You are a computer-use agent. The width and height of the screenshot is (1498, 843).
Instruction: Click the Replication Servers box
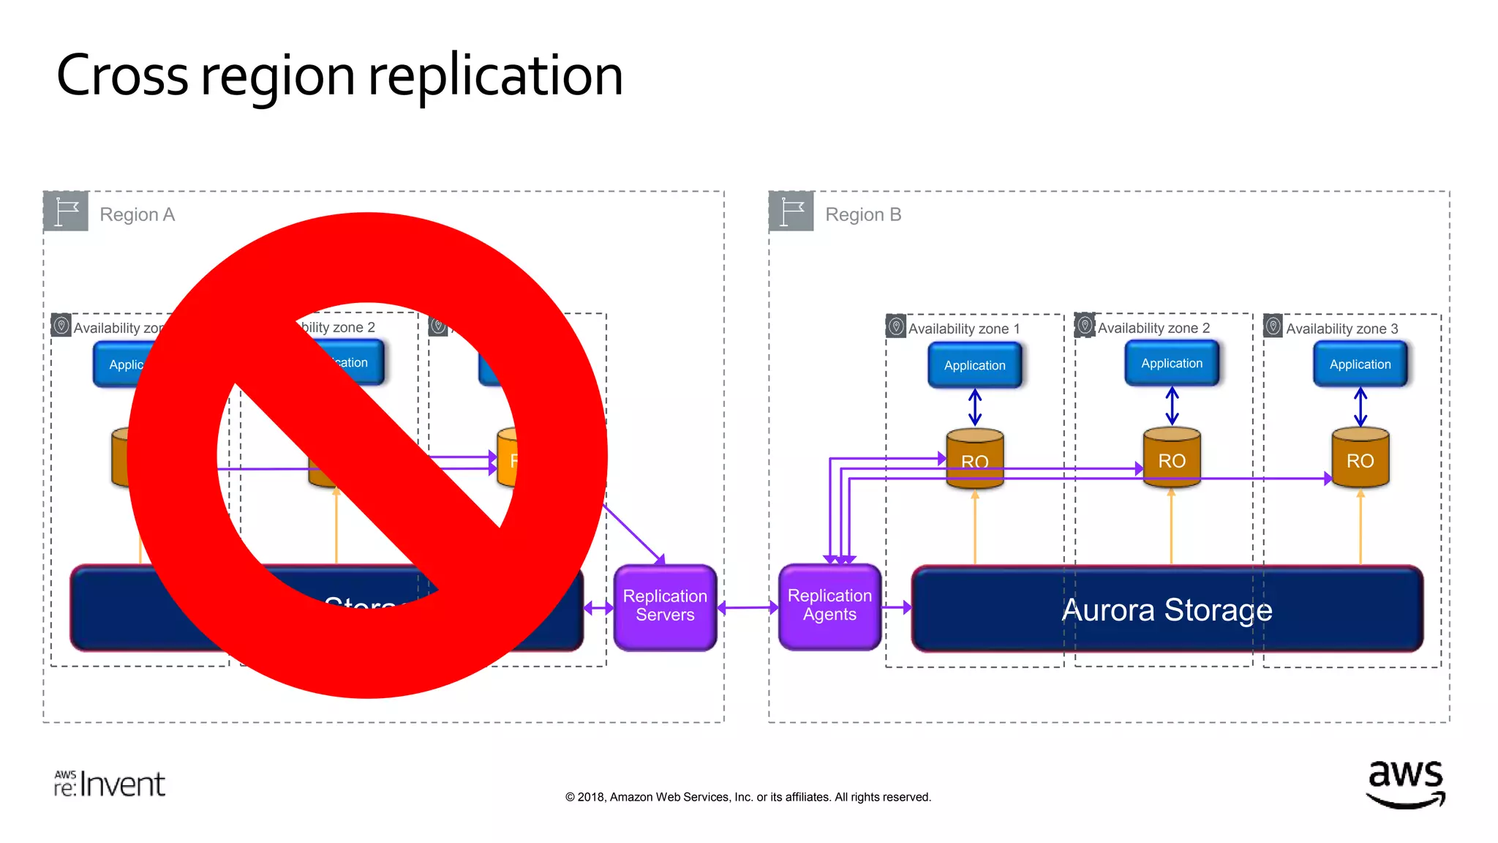pyautogui.click(x=665, y=607)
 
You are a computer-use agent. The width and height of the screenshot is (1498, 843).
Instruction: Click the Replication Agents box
pyautogui.click(x=829, y=606)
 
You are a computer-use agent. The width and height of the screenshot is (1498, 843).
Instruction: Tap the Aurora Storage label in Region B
pyautogui.click(x=1167, y=610)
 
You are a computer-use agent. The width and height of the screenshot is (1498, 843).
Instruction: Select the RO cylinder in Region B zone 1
pyautogui.click(x=974, y=459)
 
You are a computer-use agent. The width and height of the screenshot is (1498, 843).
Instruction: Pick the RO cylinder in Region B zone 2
pyautogui.click(x=1171, y=458)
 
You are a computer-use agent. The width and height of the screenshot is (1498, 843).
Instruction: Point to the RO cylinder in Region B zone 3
pyautogui.click(x=1360, y=459)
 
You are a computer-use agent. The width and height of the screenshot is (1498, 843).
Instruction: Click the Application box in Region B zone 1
pyautogui.click(x=974, y=365)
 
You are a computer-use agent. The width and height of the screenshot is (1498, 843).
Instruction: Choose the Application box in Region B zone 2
pyautogui.click(x=1171, y=364)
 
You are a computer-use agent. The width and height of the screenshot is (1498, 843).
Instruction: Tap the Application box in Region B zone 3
pyautogui.click(x=1360, y=364)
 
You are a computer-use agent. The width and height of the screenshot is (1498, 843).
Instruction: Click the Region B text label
pyautogui.click(x=863, y=214)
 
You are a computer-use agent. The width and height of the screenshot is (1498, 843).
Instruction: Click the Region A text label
pyautogui.click(x=137, y=214)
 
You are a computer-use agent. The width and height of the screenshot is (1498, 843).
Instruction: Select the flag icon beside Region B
pyautogui.click(x=791, y=211)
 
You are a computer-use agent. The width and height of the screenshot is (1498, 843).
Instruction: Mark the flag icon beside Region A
pyautogui.click(x=66, y=211)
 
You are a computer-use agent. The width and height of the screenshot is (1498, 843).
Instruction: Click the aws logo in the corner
pyautogui.click(x=1405, y=783)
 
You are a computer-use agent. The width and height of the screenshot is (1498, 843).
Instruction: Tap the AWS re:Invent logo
pyautogui.click(x=110, y=784)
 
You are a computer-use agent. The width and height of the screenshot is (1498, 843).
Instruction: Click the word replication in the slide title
pyautogui.click(x=495, y=75)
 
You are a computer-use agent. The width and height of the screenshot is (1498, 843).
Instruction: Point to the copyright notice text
pyautogui.click(x=748, y=797)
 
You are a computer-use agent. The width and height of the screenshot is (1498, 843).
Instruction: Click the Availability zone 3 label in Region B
pyautogui.click(x=1341, y=329)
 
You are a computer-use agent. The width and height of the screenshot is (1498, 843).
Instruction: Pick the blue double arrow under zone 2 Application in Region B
pyautogui.click(x=1172, y=406)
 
